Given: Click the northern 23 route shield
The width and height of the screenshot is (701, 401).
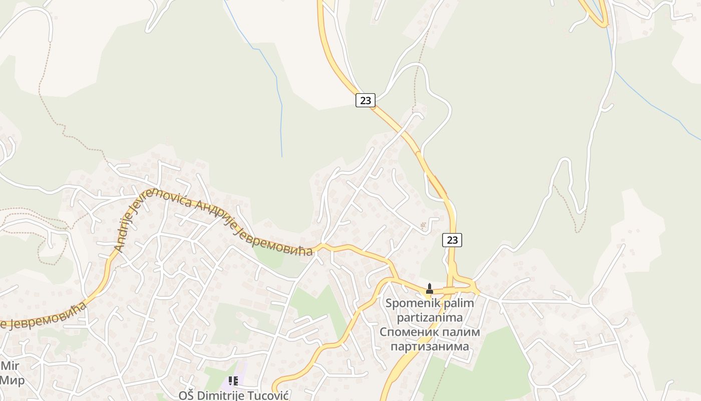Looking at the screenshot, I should pyautogui.click(x=366, y=100).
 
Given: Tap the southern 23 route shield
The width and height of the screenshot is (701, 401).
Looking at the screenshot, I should pyautogui.click(x=452, y=240).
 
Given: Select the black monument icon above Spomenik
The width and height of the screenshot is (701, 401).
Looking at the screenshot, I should pyautogui.click(x=429, y=289).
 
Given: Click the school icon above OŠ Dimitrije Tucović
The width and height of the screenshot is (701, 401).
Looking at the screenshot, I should pyautogui.click(x=233, y=381).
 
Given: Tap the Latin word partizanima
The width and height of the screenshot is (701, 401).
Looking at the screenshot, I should pyautogui.click(x=430, y=317).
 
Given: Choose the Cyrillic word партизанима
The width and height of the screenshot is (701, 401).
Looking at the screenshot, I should pyautogui.click(x=430, y=346).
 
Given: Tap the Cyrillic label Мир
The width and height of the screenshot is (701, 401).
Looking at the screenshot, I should pyautogui.click(x=12, y=380).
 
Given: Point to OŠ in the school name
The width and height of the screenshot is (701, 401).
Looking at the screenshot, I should pyautogui.click(x=186, y=395).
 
